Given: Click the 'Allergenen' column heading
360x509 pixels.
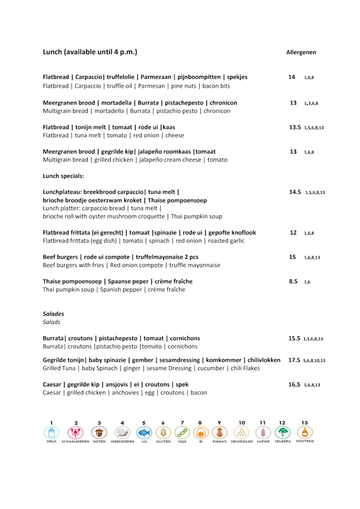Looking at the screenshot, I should pyautogui.click(x=301, y=52).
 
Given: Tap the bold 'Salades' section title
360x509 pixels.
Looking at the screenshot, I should pyautogui.click(x=53, y=314).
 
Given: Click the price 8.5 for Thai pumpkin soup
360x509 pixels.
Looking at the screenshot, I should pyautogui.click(x=293, y=281).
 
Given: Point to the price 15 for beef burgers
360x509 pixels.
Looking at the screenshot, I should pyautogui.click(x=292, y=257).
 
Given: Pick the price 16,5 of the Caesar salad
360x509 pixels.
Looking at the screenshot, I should pyautogui.click(x=295, y=385).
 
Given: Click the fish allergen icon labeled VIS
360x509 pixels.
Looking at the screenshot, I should pyautogui.click(x=144, y=433).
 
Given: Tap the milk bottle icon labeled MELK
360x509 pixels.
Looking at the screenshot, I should pyautogui.click(x=52, y=433).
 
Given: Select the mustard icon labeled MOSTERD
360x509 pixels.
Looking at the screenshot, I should pyautogui.click(x=304, y=433).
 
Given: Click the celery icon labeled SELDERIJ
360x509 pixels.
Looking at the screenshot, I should pyautogui.click(x=283, y=433).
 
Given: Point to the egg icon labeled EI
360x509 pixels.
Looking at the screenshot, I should pyautogui.click(x=200, y=433).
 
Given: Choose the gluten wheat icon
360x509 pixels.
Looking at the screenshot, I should pyautogui.click(x=163, y=433).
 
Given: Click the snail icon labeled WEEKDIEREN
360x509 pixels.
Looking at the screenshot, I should pyautogui.click(x=122, y=433).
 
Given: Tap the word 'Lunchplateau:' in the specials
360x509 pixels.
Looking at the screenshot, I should pyautogui.click(x=63, y=192).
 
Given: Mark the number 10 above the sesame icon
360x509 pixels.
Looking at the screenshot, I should pyautogui.click(x=242, y=422).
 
